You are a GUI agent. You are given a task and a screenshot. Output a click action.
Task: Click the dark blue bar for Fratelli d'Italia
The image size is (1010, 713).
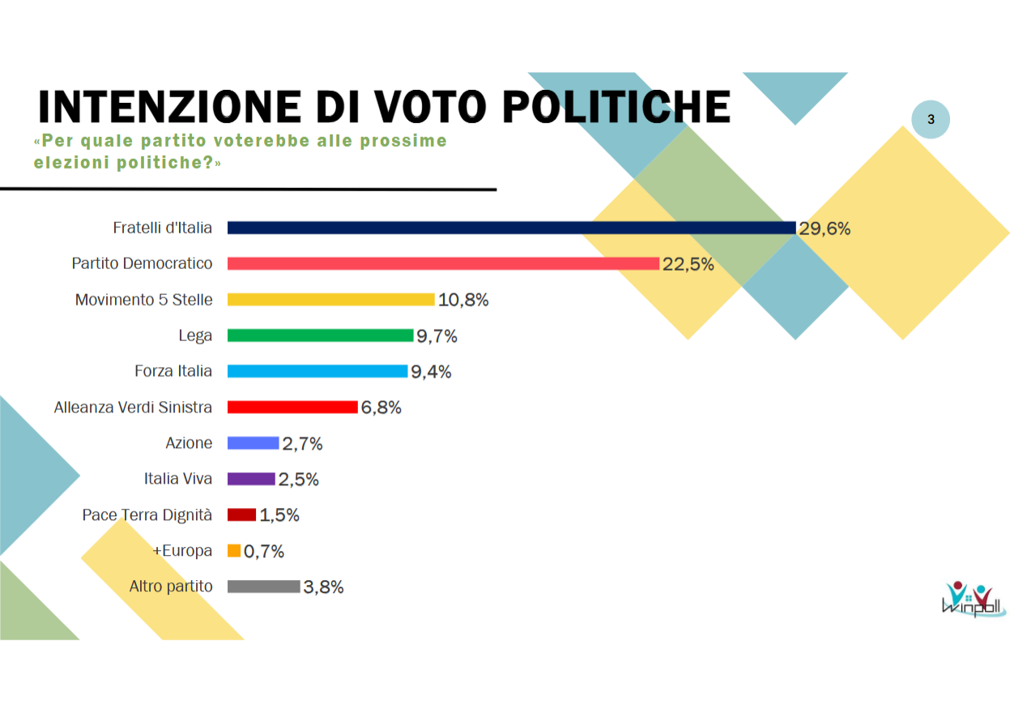pyautogui.click(x=510, y=228)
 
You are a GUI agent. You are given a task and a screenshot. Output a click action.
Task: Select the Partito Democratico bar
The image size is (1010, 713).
pyautogui.click(x=442, y=263)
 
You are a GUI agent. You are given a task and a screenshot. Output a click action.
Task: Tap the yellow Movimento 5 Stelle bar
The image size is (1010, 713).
pyautogui.click(x=330, y=300)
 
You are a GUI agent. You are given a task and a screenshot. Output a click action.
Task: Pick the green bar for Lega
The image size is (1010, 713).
pyautogui.click(x=320, y=335)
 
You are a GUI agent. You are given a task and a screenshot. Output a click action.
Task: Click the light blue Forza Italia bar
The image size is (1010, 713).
pyautogui.click(x=317, y=371)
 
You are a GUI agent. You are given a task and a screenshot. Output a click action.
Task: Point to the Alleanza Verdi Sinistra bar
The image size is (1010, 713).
pyautogui.click(x=292, y=407)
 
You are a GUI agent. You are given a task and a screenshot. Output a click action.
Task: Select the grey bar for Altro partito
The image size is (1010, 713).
pyautogui.click(x=263, y=587)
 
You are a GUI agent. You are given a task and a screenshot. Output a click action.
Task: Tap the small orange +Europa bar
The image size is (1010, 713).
pyautogui.click(x=234, y=551)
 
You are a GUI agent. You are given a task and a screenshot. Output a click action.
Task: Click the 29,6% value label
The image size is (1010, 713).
pyautogui.click(x=825, y=228)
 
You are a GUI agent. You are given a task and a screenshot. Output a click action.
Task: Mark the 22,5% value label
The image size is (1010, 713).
pyautogui.click(x=688, y=264)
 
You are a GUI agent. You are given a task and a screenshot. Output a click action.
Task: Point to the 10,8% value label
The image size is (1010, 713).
pyautogui.click(x=463, y=300)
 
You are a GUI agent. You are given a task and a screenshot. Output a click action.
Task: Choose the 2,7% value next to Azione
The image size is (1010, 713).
pyautogui.click(x=302, y=443)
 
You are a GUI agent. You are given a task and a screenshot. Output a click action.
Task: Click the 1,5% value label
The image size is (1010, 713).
pyautogui.click(x=279, y=515)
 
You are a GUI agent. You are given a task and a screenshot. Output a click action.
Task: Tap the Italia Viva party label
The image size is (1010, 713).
pyautogui.click(x=178, y=479)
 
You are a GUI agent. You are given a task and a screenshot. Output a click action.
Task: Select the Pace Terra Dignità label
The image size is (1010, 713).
pyautogui.click(x=147, y=514)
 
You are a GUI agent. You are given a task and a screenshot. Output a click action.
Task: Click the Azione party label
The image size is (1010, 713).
pyautogui.click(x=189, y=443)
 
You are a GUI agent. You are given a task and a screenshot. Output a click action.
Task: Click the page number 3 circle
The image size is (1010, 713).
pyautogui.click(x=931, y=120)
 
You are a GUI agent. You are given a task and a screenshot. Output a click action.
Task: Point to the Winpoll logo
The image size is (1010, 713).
pyautogui.click(x=973, y=599)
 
